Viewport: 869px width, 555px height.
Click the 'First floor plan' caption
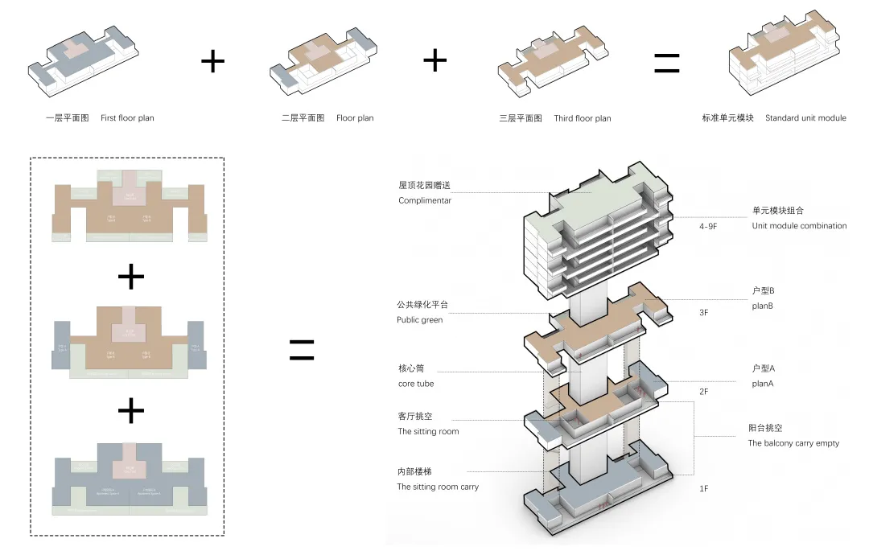click(x=127, y=118)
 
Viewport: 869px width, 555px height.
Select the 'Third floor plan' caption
click(x=582, y=118)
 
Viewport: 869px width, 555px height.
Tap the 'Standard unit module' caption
click(x=805, y=118)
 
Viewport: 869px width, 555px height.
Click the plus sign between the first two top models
click(x=212, y=61)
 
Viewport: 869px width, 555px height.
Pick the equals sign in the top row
click(x=666, y=63)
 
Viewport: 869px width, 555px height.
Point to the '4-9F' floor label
click(x=707, y=227)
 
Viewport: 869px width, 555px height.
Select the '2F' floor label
click(x=704, y=392)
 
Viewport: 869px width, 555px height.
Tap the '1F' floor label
click(x=704, y=488)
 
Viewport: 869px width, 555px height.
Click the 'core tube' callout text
click(x=416, y=384)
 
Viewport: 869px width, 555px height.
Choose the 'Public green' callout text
click(x=419, y=320)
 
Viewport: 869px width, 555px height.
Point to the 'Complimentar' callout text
click(x=425, y=200)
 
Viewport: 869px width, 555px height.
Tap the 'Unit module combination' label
click(x=799, y=226)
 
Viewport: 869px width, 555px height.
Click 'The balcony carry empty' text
click(x=793, y=443)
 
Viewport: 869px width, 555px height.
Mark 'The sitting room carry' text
click(x=438, y=487)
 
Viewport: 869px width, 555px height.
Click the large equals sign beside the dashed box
click(x=301, y=348)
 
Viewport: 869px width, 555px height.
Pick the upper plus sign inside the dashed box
click(x=131, y=277)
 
